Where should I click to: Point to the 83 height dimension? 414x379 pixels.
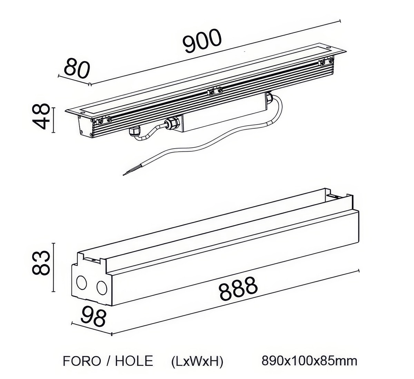(41, 263)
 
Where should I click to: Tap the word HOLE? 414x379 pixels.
(134, 361)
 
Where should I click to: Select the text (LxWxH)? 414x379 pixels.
(197, 361)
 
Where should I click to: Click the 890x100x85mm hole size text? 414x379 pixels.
(309, 361)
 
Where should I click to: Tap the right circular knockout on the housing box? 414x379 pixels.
(102, 287)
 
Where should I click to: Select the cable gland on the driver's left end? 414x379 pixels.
(171, 123)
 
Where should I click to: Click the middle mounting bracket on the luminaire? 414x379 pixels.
(214, 91)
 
